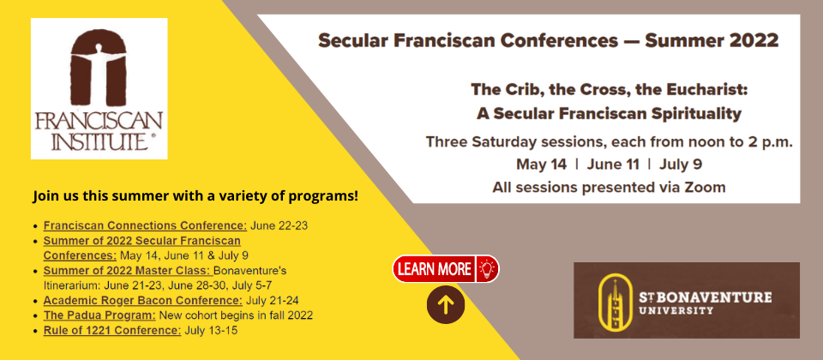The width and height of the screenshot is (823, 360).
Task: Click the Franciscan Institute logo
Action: pos(99,88)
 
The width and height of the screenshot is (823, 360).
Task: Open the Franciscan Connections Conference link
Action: pos(145,225)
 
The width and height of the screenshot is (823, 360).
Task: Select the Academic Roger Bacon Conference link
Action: pos(143,301)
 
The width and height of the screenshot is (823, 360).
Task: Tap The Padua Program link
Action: pos(99,315)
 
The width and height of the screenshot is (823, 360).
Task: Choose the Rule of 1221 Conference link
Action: pos(112,331)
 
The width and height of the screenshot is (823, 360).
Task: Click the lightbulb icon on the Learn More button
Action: pos(488,269)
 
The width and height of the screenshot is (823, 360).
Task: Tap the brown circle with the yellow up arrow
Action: pos(446,304)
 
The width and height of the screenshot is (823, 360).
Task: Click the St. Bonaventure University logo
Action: pos(687,300)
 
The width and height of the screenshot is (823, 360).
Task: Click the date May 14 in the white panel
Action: pos(541,165)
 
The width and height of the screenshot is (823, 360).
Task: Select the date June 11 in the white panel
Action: pos(613,165)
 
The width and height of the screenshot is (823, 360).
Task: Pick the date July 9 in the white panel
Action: pos(681,165)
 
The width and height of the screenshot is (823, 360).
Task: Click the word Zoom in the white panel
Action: pos(705,188)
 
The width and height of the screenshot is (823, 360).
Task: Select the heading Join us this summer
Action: pos(195,197)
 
